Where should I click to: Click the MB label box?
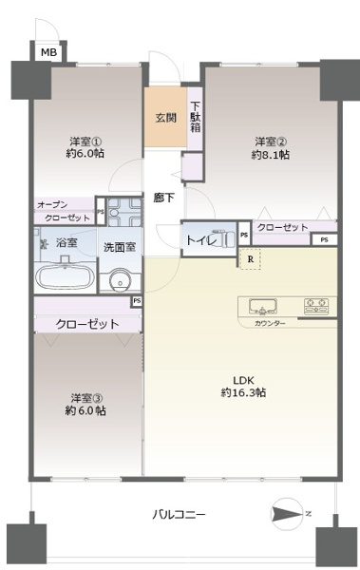click(47, 53)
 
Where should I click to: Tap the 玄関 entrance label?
click(165, 118)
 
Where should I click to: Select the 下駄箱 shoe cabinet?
click(195, 117)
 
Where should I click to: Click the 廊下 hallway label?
click(163, 199)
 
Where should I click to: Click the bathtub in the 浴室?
click(64, 278)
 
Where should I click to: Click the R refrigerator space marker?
click(250, 257)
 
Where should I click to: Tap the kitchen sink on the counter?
click(263, 306)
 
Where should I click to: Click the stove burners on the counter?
click(315, 306)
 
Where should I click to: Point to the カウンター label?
click(271, 324)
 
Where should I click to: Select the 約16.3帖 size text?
click(243, 392)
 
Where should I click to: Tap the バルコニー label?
click(179, 514)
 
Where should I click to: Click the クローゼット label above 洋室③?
click(86, 323)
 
